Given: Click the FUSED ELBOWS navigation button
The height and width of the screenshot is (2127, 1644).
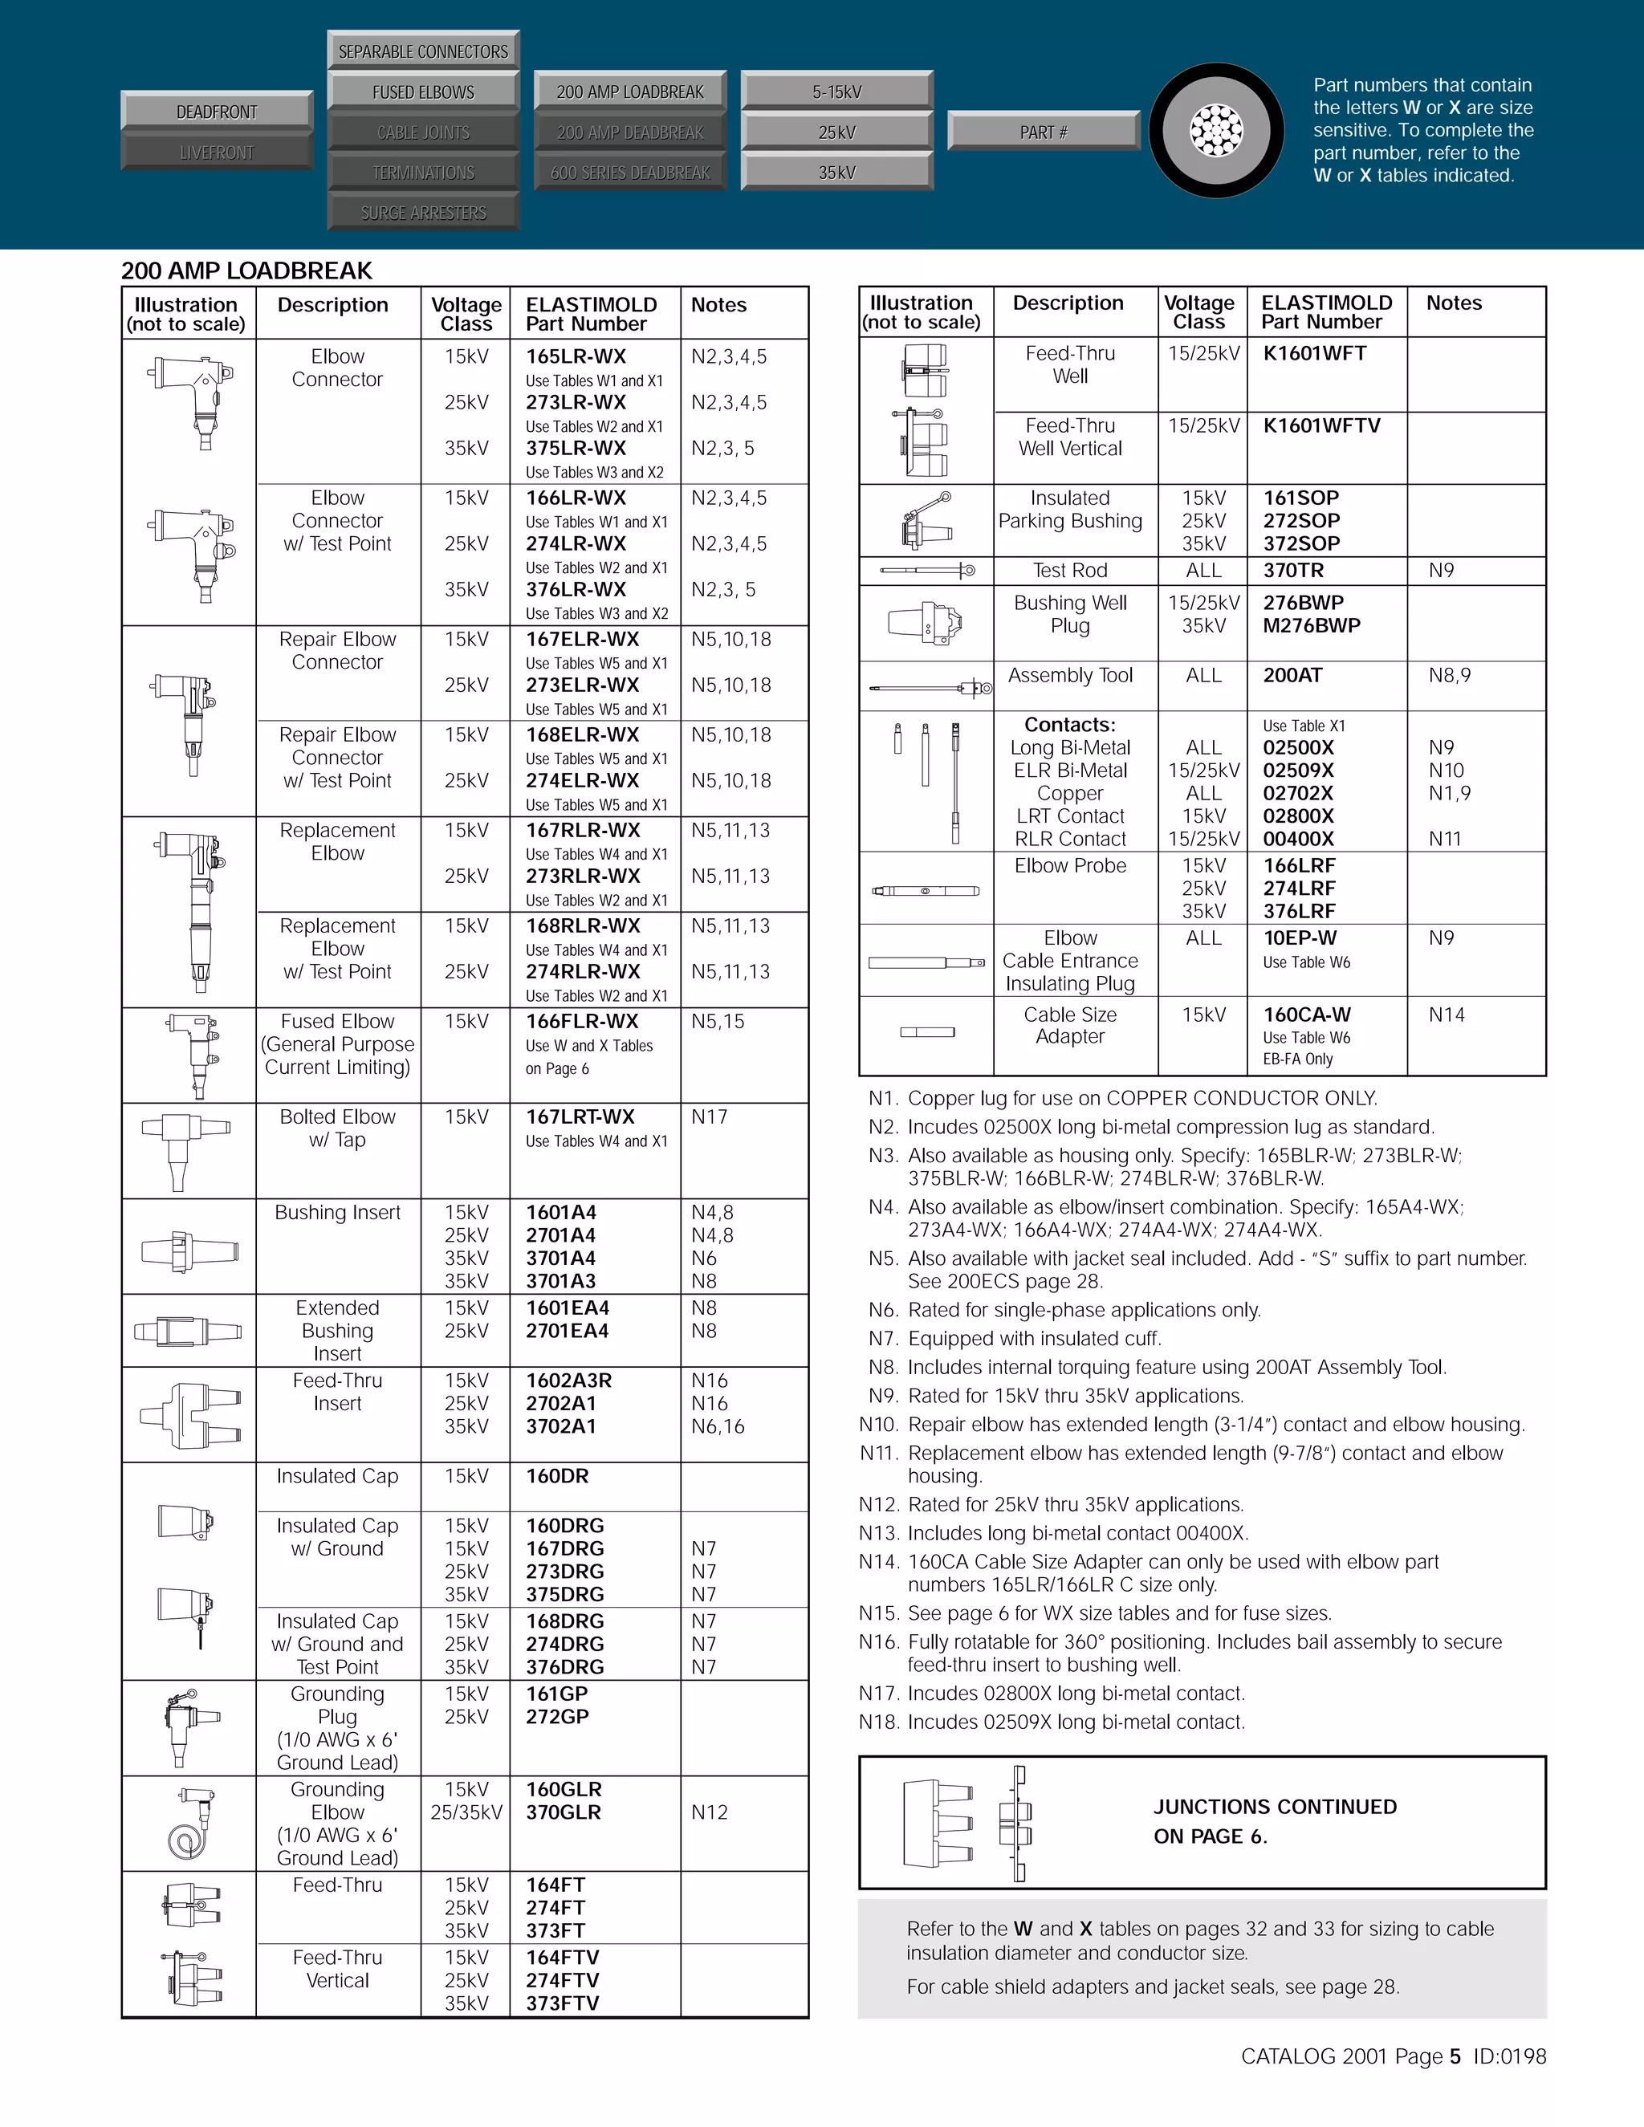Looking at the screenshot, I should tap(423, 92).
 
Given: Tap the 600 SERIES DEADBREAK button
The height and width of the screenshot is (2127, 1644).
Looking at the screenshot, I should tap(630, 173).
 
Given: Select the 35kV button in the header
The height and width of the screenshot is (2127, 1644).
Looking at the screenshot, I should tap(836, 173).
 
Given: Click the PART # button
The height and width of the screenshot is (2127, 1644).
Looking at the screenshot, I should tap(1043, 132).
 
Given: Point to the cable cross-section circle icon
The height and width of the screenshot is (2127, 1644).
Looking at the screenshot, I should tap(1216, 131).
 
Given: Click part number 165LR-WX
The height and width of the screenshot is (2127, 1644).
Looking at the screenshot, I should tap(576, 356).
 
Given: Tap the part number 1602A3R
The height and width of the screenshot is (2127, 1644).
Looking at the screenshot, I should tap(569, 1381).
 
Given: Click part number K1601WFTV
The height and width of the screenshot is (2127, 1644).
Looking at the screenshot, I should tap(1320, 425).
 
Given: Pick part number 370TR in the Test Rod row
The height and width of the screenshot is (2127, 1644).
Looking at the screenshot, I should tap(1292, 571).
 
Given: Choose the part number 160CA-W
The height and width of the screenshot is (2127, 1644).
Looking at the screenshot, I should tap(1307, 1015).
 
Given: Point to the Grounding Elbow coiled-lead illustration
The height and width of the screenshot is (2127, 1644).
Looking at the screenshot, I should tap(190, 1823).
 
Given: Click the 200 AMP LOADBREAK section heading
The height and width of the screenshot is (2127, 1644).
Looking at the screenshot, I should tap(246, 270).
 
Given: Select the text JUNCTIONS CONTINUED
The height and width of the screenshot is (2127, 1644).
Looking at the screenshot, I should tap(1274, 1807).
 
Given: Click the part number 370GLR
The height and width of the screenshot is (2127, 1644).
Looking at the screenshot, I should tap(563, 1812).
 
